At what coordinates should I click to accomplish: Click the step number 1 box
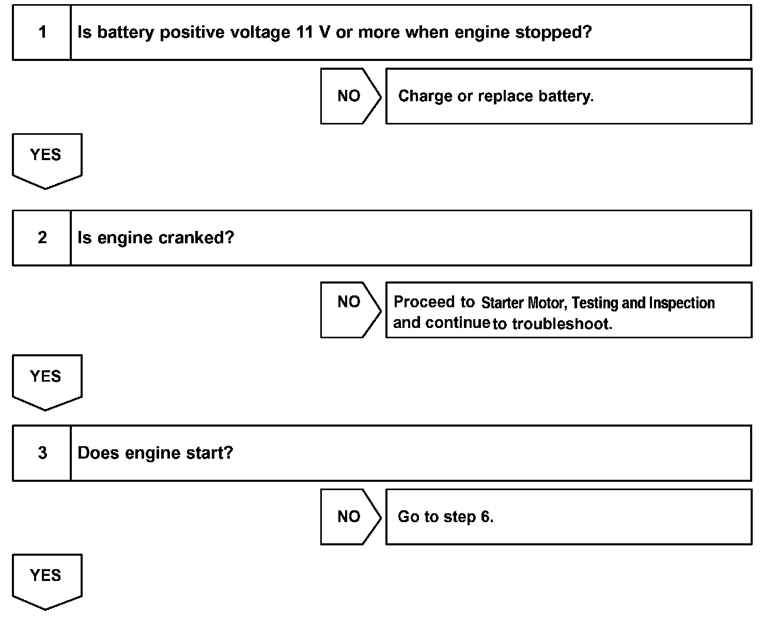42,33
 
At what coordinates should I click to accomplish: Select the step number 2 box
42,238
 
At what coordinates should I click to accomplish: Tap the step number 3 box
42,453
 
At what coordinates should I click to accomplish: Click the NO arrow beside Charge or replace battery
350,96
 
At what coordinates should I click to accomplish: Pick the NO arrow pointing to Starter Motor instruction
350,309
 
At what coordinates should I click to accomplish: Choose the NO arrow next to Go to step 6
350,516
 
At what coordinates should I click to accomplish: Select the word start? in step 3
209,453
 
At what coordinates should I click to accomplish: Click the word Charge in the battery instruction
425,96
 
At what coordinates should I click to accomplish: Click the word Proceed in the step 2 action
424,302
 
